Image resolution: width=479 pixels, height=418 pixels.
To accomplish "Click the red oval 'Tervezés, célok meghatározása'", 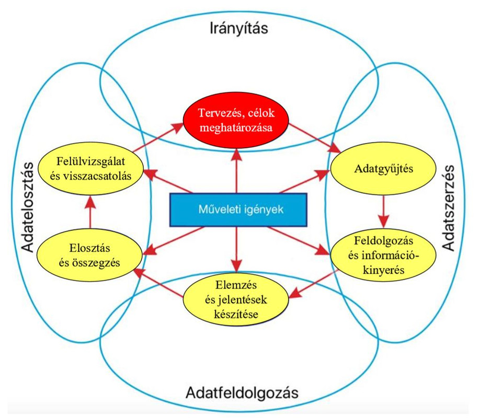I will click(236, 121).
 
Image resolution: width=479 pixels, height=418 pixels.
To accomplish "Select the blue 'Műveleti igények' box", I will click(237, 210).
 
